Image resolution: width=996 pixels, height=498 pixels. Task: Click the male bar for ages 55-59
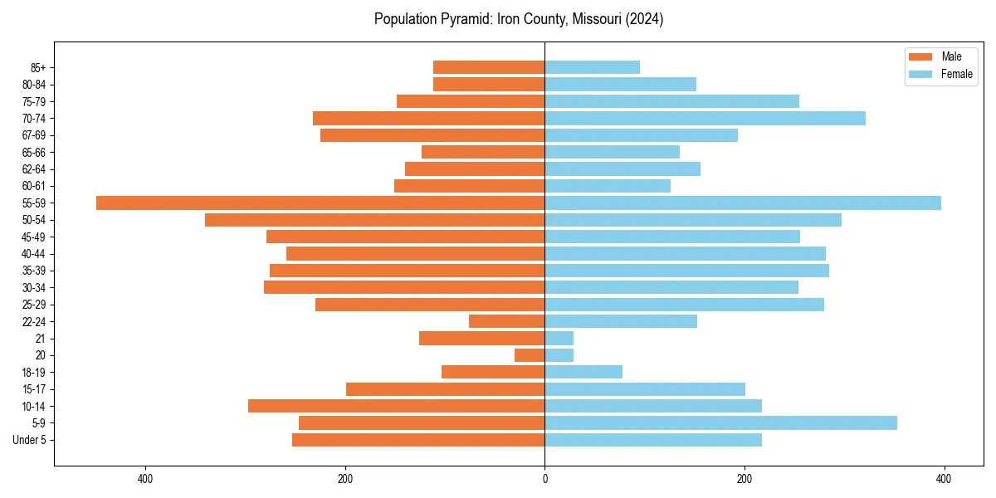[320, 203]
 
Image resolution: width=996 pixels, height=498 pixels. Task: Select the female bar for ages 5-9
[720, 422]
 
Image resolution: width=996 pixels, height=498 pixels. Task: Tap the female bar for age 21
[559, 338]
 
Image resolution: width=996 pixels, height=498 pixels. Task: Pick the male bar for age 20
[530, 355]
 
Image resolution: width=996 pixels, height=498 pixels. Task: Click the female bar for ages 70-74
[705, 118]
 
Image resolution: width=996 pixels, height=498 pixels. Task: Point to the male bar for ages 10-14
[396, 406]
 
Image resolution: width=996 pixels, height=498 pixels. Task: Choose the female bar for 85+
[592, 67]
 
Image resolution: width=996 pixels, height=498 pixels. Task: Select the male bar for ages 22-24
[506, 321]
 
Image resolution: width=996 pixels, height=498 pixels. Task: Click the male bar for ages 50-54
[374, 220]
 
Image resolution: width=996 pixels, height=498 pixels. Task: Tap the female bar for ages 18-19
[583, 372]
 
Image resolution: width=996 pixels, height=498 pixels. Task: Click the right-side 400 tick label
[944, 479]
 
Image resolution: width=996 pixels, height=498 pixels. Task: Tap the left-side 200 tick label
[345, 479]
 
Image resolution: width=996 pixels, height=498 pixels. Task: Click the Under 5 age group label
[29, 440]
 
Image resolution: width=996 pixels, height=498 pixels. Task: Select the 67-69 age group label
[34, 135]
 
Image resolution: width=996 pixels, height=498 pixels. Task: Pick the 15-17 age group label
[34, 389]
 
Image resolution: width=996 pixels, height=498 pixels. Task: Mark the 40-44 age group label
[34, 254]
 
